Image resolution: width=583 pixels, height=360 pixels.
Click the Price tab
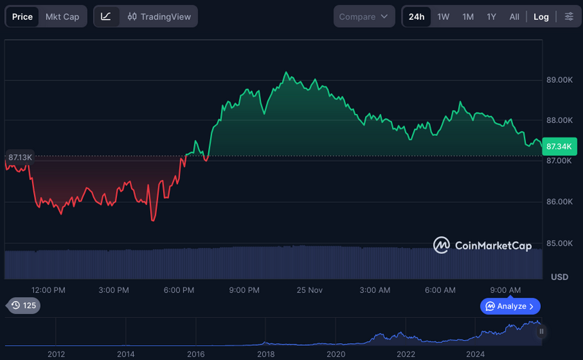tap(22, 17)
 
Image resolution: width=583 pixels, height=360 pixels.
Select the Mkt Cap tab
tap(63, 17)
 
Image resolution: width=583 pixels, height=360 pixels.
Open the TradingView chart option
tap(159, 17)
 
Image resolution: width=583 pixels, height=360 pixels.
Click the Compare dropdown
tap(364, 17)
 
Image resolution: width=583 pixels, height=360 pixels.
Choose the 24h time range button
tap(417, 17)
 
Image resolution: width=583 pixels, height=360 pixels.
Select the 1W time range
tap(443, 17)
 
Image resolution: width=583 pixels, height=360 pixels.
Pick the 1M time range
tap(467, 17)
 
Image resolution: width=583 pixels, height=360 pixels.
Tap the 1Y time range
tap(491, 17)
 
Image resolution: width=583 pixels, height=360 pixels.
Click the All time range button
tap(514, 17)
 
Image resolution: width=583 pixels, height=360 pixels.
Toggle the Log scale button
tap(541, 17)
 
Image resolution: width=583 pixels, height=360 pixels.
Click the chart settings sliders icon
tap(569, 17)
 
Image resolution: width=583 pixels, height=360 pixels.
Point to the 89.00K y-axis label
tap(560, 80)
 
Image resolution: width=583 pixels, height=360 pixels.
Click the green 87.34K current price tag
tap(559, 147)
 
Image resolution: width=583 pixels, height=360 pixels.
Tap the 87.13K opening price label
tap(20, 158)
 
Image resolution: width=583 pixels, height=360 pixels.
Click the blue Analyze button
tap(510, 306)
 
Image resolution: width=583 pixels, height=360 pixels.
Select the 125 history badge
tap(24, 306)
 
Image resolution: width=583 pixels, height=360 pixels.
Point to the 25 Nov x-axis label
tap(309, 290)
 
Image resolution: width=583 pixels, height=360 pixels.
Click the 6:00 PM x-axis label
tap(179, 290)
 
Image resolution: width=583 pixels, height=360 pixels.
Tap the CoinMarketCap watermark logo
tap(483, 245)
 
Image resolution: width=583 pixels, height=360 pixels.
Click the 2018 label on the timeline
tap(266, 354)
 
